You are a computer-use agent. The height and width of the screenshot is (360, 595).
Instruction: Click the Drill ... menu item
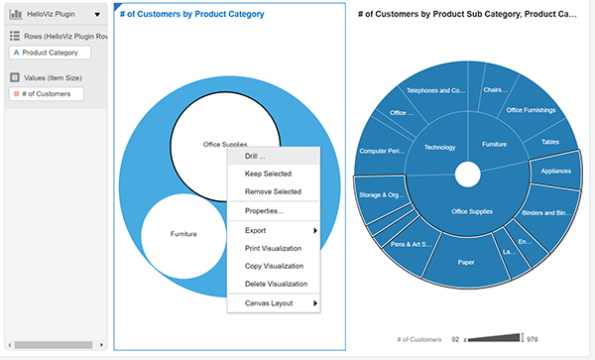(255, 157)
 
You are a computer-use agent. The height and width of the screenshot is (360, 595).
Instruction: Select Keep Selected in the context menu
(266, 175)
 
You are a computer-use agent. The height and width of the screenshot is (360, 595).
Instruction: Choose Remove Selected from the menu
(273, 191)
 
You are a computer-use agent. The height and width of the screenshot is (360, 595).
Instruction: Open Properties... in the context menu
(264, 211)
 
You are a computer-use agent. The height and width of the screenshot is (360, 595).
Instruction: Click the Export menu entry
(256, 230)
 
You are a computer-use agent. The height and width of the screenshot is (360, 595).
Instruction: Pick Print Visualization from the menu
(274, 248)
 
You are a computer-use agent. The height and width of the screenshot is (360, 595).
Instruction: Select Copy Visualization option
(274, 266)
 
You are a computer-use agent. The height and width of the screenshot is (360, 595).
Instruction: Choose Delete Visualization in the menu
(275, 284)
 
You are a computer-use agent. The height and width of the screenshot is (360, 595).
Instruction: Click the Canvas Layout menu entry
(268, 302)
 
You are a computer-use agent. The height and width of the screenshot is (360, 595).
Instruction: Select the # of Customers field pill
(47, 94)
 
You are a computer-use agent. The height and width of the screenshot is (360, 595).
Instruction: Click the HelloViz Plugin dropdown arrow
(96, 16)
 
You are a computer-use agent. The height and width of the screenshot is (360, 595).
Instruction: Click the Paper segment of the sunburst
(465, 262)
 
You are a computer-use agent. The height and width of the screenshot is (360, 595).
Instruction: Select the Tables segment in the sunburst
(549, 142)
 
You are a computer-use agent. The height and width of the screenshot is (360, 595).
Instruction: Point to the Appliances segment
(556, 170)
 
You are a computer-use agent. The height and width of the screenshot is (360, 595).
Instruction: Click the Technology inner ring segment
(438, 147)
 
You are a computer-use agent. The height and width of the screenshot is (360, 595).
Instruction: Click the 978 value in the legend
(533, 338)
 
